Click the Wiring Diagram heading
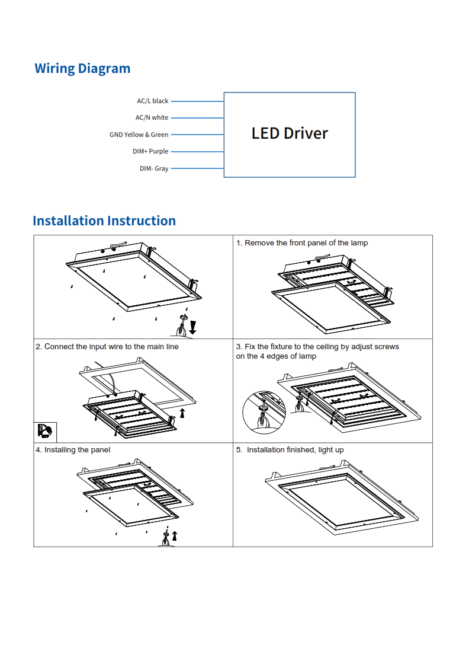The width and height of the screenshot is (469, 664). coord(82,68)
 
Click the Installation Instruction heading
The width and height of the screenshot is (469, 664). coord(104,221)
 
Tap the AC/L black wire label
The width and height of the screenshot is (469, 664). coord(153,101)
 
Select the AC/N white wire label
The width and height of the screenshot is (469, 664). coord(152,117)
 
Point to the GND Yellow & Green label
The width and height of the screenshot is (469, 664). coord(139,135)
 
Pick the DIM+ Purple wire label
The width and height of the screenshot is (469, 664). coord(150,151)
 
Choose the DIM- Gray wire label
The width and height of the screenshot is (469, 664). coord(154,168)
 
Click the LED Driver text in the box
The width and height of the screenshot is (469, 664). coord(290,133)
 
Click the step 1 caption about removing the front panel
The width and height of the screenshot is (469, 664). coord(302,243)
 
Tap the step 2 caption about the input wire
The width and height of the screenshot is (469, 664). coord(107,346)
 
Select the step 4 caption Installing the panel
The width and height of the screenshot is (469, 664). coord(73,450)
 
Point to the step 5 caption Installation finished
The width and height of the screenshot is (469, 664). coord(290,450)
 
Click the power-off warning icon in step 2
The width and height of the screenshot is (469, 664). coord(44,430)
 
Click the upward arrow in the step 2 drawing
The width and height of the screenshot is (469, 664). coord(182,413)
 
